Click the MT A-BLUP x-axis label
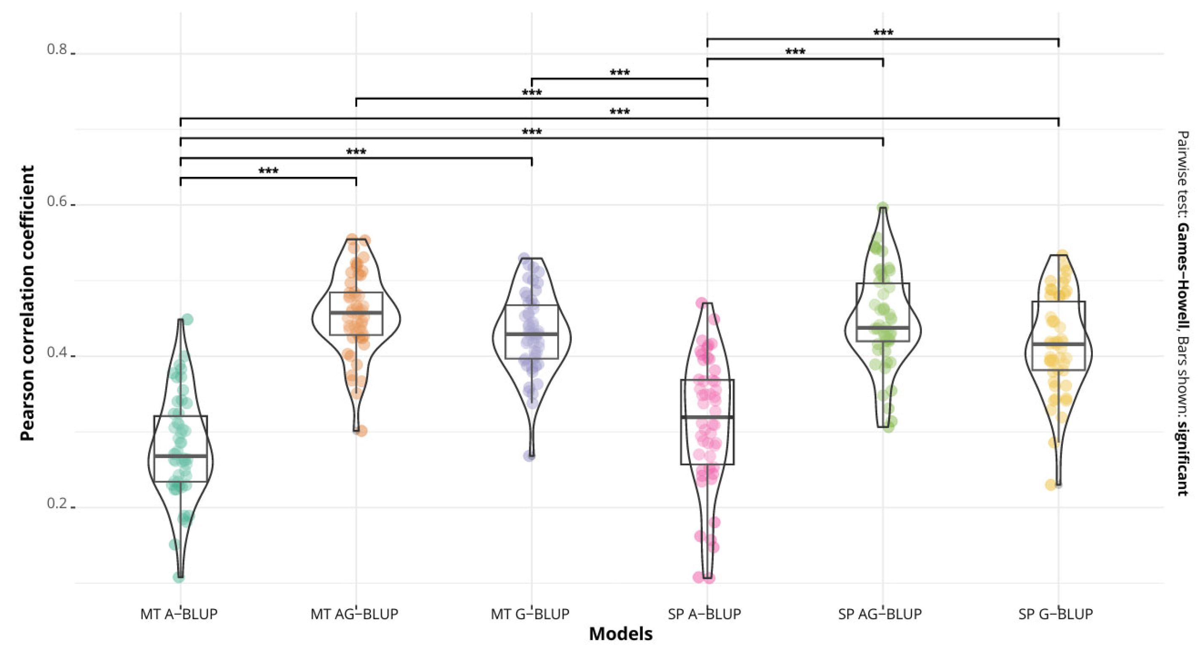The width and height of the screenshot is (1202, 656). click(179, 613)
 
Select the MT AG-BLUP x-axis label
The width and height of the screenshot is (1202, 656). click(354, 613)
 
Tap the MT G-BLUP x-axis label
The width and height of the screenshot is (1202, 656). click(530, 613)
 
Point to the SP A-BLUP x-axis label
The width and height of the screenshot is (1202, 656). click(705, 613)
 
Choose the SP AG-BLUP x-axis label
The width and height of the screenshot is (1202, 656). click(880, 613)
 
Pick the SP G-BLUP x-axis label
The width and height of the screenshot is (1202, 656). click(1056, 613)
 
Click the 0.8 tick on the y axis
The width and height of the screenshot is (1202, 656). click(57, 49)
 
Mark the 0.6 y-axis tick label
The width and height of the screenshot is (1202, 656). click(57, 201)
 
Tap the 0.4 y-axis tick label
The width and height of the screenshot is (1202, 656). click(57, 352)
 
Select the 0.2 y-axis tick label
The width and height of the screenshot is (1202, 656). click(57, 503)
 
